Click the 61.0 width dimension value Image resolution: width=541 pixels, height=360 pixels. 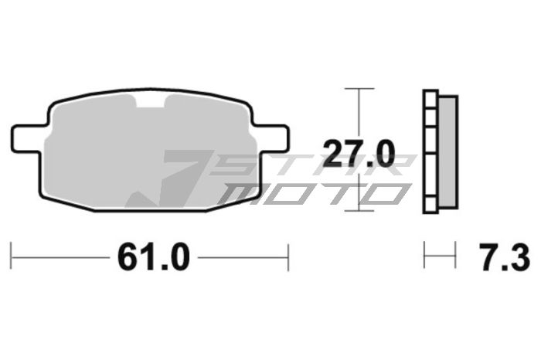pyautogui.click(x=152, y=256)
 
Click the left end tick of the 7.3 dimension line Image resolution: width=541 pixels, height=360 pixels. pyautogui.click(x=424, y=256)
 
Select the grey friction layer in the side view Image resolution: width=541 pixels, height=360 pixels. pyautogui.click(x=448, y=151)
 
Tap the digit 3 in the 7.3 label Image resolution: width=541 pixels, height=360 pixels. pyautogui.click(x=520, y=256)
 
